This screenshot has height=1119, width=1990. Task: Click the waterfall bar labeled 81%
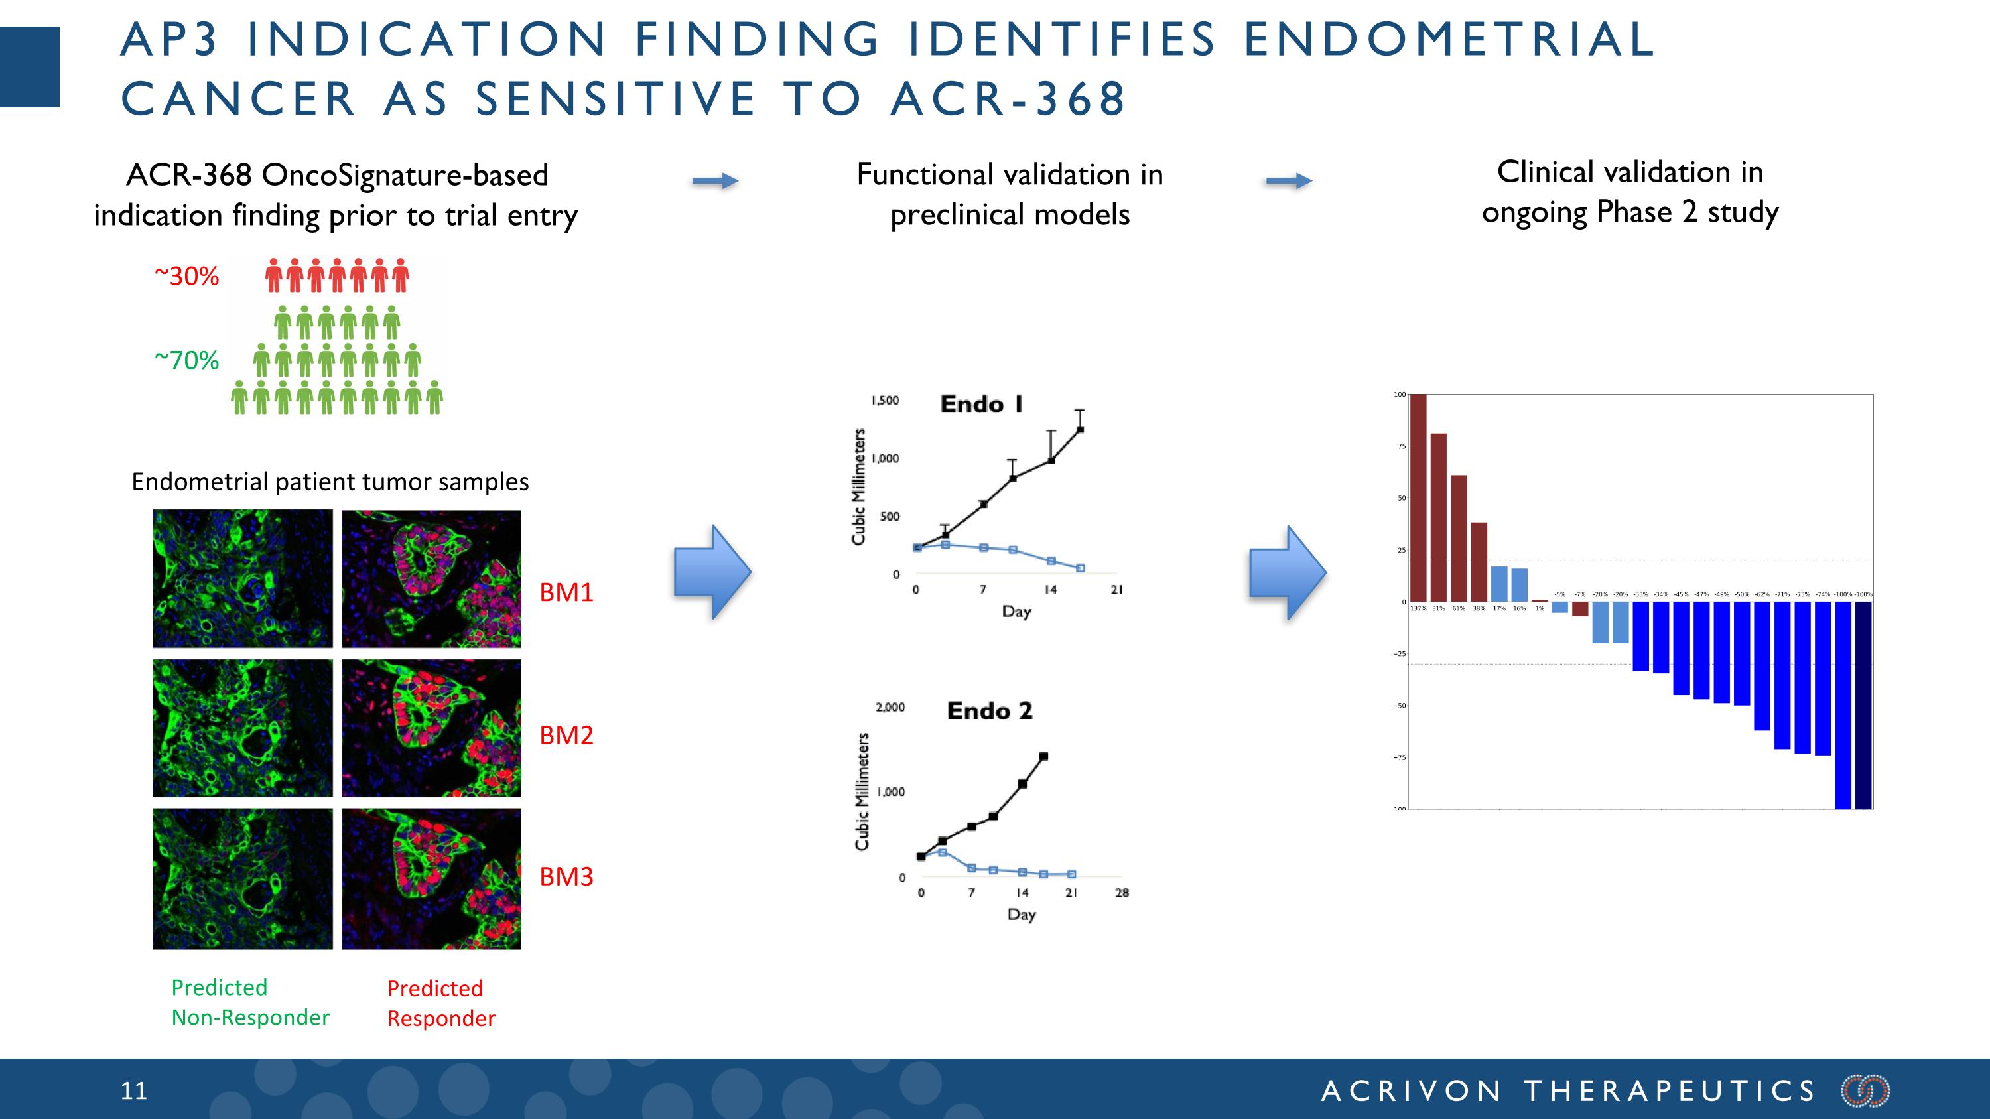[x=1438, y=517]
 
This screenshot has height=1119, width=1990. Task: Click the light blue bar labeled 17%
[x=1498, y=584]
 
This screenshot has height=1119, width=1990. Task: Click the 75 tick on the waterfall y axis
[x=1400, y=446]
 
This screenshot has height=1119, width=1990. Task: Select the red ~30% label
[x=187, y=276]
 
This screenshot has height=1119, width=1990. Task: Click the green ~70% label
[x=187, y=360]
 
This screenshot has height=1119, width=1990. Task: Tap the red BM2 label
[x=566, y=734]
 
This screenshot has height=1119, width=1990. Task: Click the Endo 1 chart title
[x=981, y=404]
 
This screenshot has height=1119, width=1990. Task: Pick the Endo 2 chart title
[x=990, y=710]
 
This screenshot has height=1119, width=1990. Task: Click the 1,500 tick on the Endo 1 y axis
[x=886, y=400]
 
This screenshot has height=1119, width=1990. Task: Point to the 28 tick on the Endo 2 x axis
[x=1122, y=893]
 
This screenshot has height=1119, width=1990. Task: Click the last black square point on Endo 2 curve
[x=1043, y=757]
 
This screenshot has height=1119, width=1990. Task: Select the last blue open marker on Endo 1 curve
[x=1080, y=568]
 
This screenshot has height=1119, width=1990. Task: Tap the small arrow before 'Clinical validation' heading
[x=1289, y=182]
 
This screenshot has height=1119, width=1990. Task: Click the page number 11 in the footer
[x=133, y=1090]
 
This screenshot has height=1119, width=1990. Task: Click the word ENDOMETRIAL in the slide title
[x=1449, y=38]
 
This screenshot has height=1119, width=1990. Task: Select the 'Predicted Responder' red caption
[x=440, y=1003]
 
